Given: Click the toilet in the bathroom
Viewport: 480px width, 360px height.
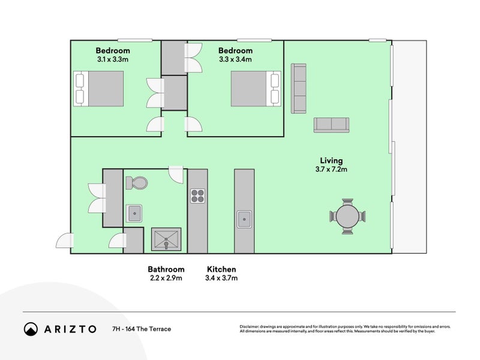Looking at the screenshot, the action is pyautogui.click(x=137, y=183).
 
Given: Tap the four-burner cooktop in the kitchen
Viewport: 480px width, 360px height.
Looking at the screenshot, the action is pyautogui.click(x=197, y=196).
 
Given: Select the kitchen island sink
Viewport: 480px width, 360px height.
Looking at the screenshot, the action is pyautogui.click(x=244, y=219).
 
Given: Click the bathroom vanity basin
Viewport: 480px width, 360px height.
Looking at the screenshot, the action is pyautogui.click(x=134, y=214).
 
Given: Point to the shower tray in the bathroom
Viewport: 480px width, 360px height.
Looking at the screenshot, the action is pyautogui.click(x=166, y=239).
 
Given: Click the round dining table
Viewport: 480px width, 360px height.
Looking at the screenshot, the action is pyautogui.click(x=347, y=216).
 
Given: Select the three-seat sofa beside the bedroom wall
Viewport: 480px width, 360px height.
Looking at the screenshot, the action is pyautogui.click(x=298, y=88).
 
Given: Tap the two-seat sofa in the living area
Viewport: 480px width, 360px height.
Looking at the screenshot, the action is pyautogui.click(x=332, y=125).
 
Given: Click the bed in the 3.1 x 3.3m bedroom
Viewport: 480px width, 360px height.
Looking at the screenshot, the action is pyautogui.click(x=98, y=89).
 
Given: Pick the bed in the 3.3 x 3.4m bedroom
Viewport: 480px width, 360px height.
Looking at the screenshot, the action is pyautogui.click(x=256, y=89).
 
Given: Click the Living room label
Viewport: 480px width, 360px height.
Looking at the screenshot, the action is pyautogui.click(x=332, y=160).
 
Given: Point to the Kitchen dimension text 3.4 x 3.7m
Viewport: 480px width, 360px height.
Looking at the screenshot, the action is pyautogui.click(x=221, y=278).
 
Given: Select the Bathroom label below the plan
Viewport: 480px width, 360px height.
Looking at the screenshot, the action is pyautogui.click(x=166, y=269).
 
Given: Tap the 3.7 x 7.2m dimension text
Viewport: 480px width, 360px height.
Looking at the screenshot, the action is pyautogui.click(x=332, y=169).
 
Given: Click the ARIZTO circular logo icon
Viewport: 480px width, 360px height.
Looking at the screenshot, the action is pyautogui.click(x=31, y=329).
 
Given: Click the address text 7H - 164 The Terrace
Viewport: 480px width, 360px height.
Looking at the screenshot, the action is pyautogui.click(x=142, y=329).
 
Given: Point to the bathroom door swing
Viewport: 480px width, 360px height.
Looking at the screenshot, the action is pyautogui.click(x=176, y=175).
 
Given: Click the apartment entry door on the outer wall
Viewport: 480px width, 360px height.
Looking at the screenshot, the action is pyautogui.click(x=65, y=241).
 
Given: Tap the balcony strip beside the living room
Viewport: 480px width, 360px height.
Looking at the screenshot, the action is pyautogui.click(x=410, y=147).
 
